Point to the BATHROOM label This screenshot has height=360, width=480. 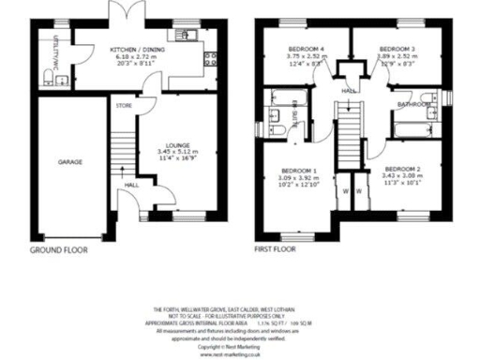412,104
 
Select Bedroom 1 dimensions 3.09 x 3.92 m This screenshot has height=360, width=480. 295,176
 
